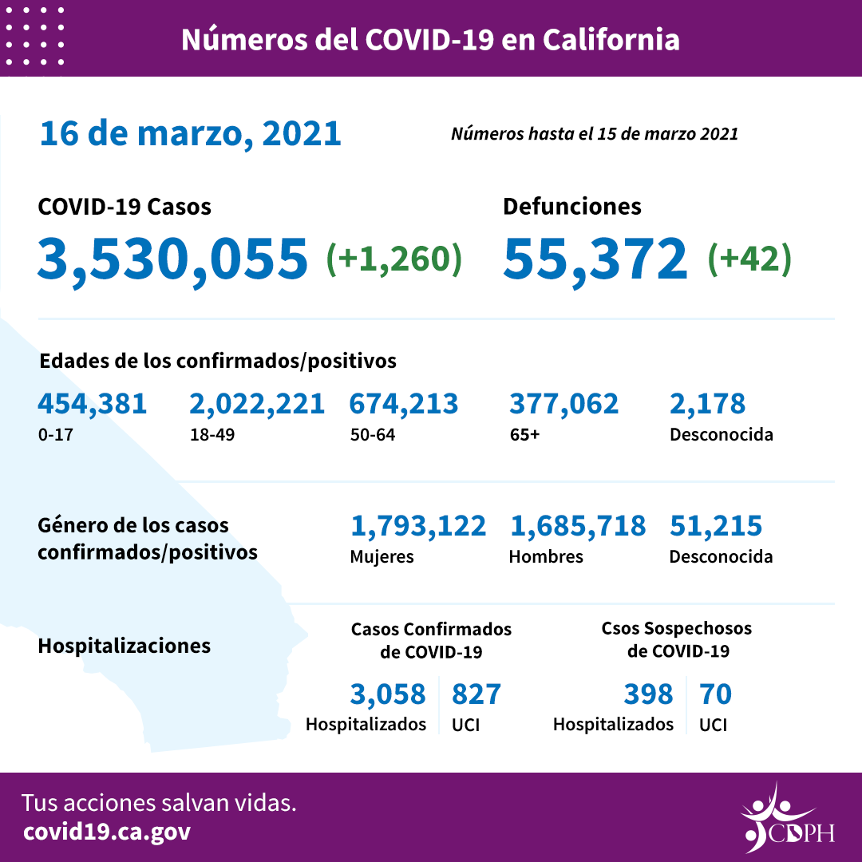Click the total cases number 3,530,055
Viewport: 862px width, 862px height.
(172, 259)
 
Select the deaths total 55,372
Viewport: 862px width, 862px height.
(595, 259)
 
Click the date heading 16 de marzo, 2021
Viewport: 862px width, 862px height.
(190, 133)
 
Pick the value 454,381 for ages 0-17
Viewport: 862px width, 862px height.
(92, 404)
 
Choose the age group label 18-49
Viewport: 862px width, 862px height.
(207, 436)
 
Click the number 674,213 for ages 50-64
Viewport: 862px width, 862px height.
(403, 404)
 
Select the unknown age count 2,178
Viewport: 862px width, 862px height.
(707, 404)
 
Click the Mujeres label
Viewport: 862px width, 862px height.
(382, 557)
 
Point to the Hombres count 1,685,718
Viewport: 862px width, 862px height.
(577, 526)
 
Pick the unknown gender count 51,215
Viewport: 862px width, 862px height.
(716, 526)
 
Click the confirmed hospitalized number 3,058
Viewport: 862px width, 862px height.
(388, 694)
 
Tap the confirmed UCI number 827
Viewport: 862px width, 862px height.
(476, 694)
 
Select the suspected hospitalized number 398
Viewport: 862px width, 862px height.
(649, 694)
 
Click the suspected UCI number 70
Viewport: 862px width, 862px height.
(715, 694)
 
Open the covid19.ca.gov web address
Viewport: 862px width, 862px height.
(107, 832)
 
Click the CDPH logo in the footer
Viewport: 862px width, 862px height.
(786, 818)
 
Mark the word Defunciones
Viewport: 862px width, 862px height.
(571, 207)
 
